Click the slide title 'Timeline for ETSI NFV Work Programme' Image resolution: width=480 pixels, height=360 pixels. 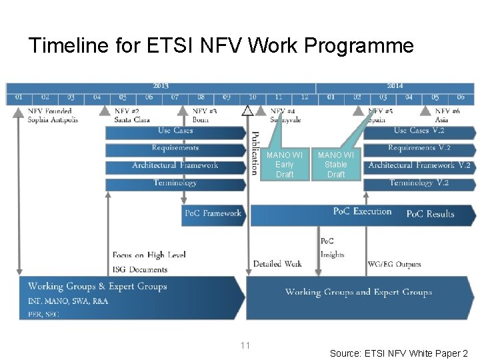click(x=221, y=46)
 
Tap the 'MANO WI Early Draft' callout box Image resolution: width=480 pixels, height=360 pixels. click(x=284, y=165)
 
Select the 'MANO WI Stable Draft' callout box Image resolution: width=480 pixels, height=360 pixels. click(x=336, y=165)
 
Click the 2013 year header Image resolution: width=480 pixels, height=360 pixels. click(x=161, y=86)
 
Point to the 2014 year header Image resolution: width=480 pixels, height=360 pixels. click(x=395, y=86)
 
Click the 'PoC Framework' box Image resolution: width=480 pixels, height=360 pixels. click(x=213, y=213)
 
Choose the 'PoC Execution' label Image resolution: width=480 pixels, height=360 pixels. click(x=362, y=211)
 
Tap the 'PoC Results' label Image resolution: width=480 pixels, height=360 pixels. click(x=430, y=214)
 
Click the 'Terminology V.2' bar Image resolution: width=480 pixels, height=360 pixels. click(x=419, y=183)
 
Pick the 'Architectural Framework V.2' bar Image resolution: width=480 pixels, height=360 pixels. click(x=419, y=165)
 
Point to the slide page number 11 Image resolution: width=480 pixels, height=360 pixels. click(x=245, y=345)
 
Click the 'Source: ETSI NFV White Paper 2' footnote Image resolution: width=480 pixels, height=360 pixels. click(x=399, y=353)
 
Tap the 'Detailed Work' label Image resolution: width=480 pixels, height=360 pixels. click(x=277, y=264)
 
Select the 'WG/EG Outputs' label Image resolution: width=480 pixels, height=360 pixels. click(x=395, y=265)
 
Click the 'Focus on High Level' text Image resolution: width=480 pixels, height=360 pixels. click(x=149, y=255)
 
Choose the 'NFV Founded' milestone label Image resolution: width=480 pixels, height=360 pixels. click(x=49, y=111)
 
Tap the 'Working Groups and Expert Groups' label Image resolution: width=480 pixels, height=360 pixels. click(x=358, y=292)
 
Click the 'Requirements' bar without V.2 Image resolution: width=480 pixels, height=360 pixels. click(x=175, y=148)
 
